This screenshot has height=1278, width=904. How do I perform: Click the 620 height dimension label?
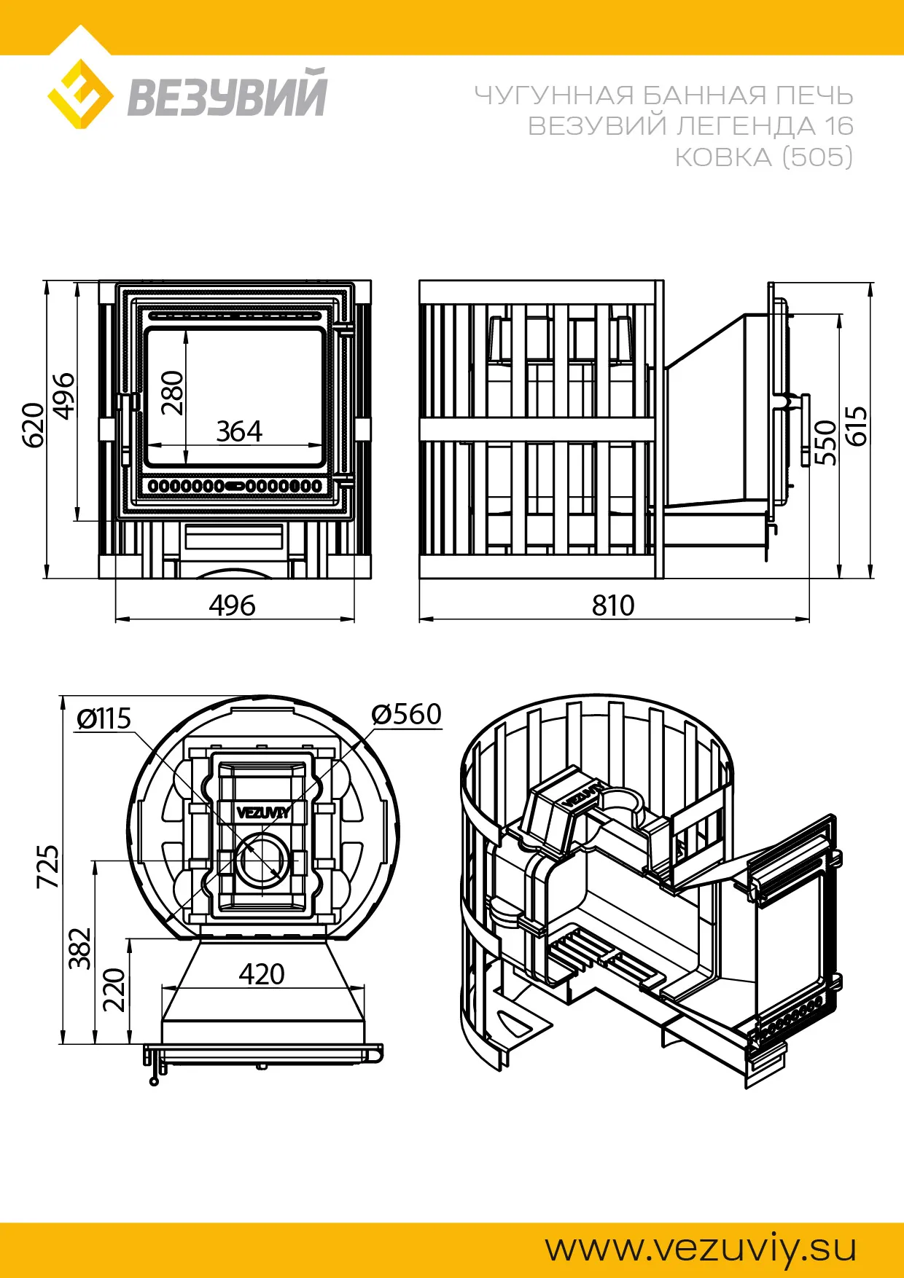coord(34,426)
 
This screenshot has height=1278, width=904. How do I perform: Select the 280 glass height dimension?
coord(173,393)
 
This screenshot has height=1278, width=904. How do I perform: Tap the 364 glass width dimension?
coord(239,431)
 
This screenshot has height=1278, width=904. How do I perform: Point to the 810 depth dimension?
coord(613,605)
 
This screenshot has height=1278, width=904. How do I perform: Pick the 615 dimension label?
coord(856,426)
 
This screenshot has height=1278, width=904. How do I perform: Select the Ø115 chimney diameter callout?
coord(104,718)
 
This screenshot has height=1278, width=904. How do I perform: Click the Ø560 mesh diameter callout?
coord(406,714)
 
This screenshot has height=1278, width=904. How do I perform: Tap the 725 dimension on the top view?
coord(48,866)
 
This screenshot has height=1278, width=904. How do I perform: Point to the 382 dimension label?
coord(80,949)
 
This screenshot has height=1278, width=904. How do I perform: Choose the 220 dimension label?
coord(114,989)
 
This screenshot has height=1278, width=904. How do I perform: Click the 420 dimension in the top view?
coord(262,974)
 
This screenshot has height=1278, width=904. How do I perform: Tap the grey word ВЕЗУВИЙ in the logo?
coord(227,93)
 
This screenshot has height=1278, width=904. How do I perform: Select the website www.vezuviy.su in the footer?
coord(701,1248)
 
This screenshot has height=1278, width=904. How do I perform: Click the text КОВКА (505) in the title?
coord(763,157)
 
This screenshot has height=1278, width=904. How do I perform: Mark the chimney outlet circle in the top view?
coord(263,860)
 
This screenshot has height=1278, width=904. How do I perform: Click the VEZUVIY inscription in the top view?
coord(264,812)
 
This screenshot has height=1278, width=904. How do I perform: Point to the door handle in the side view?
coord(804,430)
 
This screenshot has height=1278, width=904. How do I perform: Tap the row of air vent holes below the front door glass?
coord(235,485)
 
